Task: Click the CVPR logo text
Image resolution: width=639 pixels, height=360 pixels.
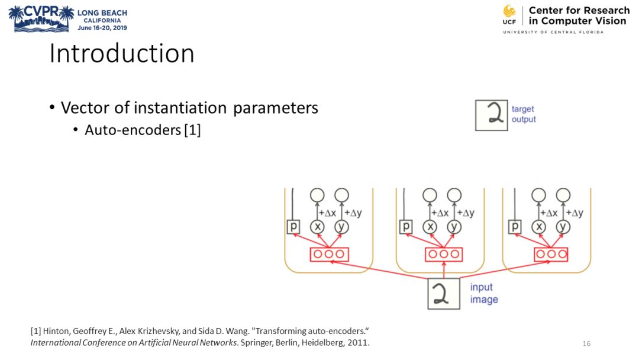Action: tap(41, 11)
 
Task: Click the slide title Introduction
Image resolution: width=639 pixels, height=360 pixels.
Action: tap(122, 53)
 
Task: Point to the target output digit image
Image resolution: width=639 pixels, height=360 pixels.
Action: tap(492, 115)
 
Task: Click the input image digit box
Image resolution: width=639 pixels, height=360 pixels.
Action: tap(444, 293)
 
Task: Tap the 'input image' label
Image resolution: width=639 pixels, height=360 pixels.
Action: tap(484, 293)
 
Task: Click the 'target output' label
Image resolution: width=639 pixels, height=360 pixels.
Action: tap(524, 114)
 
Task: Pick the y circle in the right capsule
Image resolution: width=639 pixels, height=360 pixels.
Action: tap(563, 227)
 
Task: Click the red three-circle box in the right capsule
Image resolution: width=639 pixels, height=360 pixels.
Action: tap(550, 254)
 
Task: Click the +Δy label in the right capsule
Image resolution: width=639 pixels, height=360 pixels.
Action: tap(575, 213)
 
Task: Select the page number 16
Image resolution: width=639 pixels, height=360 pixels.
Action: tap(586, 344)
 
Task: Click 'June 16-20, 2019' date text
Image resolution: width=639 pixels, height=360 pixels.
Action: tap(102, 27)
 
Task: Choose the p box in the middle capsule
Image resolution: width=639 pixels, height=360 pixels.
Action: tap(406, 227)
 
